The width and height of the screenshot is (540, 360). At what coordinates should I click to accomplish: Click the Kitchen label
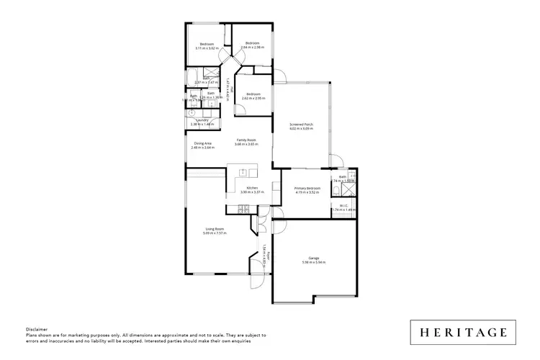pyautogui.click(x=252, y=188)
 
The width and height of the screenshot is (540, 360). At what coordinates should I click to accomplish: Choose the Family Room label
pyautogui.click(x=246, y=140)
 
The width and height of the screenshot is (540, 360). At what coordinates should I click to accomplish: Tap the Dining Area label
pyautogui.click(x=202, y=143)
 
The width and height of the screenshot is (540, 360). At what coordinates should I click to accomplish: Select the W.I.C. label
pyautogui.click(x=344, y=206)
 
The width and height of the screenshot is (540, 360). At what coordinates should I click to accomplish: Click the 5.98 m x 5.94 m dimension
pyautogui.click(x=314, y=262)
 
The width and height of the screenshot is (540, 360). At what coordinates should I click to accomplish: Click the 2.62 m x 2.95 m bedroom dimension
pyautogui.click(x=252, y=99)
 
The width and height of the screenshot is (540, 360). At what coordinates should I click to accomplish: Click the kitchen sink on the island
pyautogui.click(x=243, y=172)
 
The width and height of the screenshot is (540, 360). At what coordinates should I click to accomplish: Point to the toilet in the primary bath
pyautogui.click(x=337, y=189)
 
